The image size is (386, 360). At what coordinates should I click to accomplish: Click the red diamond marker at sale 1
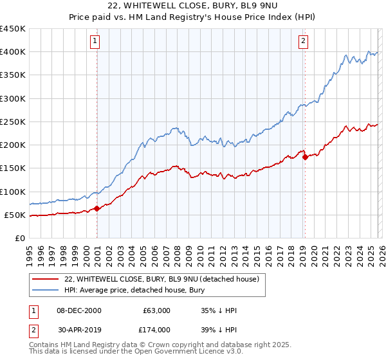click(97, 208)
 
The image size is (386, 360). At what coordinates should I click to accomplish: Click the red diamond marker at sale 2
click(305, 157)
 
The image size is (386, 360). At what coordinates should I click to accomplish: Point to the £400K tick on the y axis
click(12, 52)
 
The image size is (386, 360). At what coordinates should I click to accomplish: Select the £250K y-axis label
click(12, 122)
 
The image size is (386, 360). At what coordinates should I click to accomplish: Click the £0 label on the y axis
click(19, 238)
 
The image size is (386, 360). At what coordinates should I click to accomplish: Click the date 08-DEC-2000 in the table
click(79, 310)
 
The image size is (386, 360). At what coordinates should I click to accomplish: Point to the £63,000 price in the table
click(156, 310)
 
